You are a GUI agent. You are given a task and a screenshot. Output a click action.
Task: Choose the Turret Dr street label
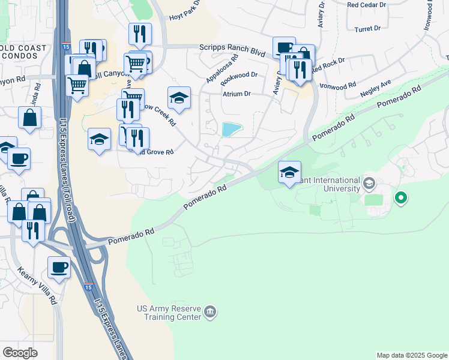pos(368,28)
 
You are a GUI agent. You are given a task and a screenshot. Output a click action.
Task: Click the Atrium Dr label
pos(237,94)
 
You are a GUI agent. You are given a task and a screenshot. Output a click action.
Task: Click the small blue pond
pos(231,129)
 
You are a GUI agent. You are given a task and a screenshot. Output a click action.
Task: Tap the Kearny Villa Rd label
pos(37,284)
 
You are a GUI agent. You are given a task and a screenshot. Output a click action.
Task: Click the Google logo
pos(20,353)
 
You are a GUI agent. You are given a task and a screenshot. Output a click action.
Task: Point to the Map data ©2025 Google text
pos(411,355)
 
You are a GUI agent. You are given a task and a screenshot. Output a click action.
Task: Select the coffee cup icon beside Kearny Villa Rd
pos(59,268)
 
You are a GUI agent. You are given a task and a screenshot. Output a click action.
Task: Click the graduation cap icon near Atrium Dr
pos(179,98)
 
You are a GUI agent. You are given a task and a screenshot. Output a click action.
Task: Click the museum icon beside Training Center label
pos(210,311)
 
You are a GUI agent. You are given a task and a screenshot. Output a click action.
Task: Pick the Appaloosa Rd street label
pos(222,68)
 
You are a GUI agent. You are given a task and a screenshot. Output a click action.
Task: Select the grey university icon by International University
pos(369,182)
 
